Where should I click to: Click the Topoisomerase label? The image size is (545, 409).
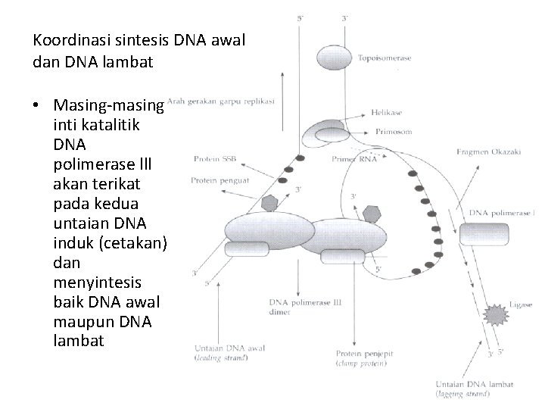[385, 59]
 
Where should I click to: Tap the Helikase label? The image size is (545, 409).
[387, 112]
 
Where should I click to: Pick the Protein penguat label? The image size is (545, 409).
[216, 180]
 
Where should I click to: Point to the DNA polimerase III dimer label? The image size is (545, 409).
[307, 308]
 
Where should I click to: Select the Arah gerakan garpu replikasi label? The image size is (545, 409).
[220, 100]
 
